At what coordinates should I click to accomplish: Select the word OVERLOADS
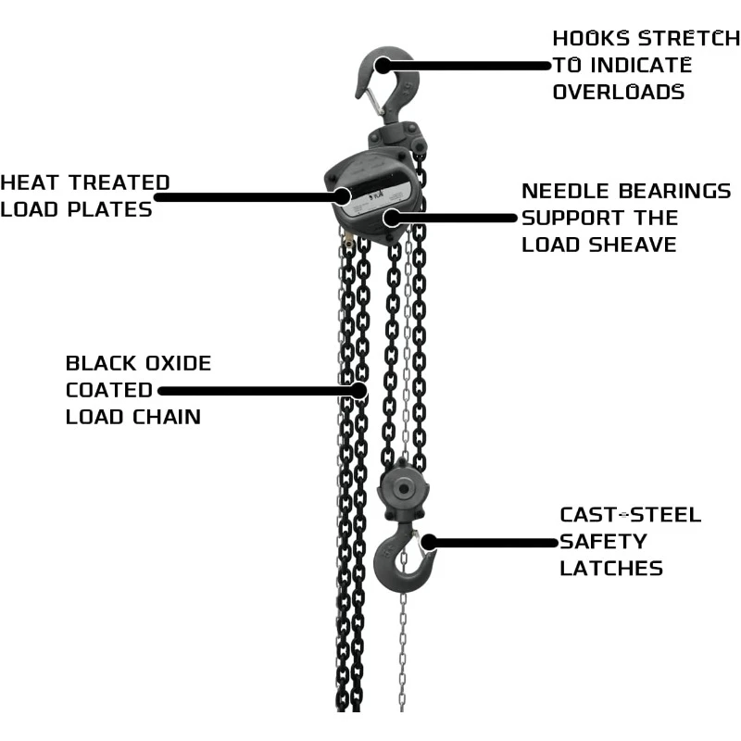[619, 92]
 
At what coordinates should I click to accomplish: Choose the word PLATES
[114, 209]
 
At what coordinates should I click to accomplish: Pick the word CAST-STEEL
[630, 515]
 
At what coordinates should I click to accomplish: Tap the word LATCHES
[611, 568]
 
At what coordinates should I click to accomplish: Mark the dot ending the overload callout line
[383, 65]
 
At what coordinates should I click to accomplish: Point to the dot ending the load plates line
[342, 195]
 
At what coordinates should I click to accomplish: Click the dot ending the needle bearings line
[393, 219]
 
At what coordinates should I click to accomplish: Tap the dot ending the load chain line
[358, 390]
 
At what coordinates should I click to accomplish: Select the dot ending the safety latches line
[429, 542]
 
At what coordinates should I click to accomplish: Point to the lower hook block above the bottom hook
[400, 491]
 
